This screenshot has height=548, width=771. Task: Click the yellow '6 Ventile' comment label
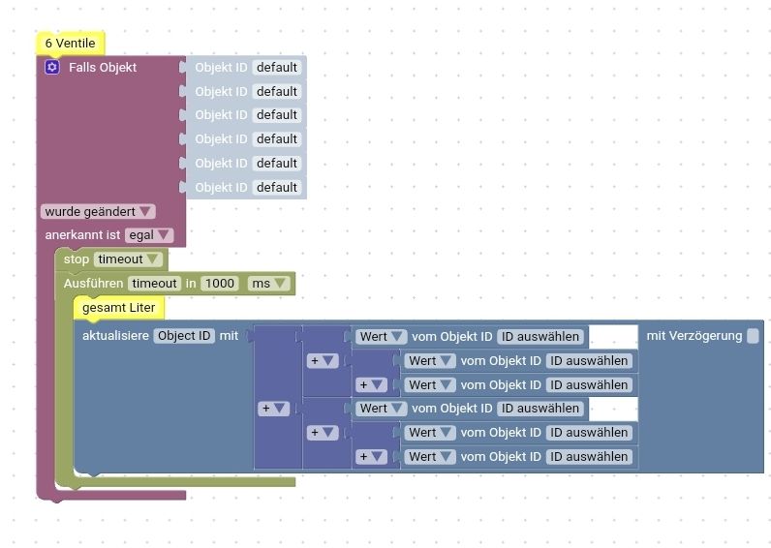pyautogui.click(x=70, y=43)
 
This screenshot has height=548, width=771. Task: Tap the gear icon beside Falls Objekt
pyautogui.click(x=52, y=67)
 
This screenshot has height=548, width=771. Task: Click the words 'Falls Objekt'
pyautogui.click(x=103, y=67)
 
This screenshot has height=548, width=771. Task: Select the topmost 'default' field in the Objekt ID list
pyautogui.click(x=277, y=67)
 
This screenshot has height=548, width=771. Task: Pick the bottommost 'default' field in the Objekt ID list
pyautogui.click(x=277, y=187)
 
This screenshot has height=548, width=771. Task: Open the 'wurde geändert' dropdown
pyautogui.click(x=98, y=211)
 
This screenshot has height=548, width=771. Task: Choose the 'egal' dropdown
pyautogui.click(x=149, y=235)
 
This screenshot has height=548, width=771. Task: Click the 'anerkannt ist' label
pyautogui.click(x=82, y=235)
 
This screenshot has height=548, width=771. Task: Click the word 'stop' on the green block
pyautogui.click(x=76, y=259)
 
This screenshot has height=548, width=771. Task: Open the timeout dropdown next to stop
pyautogui.click(x=127, y=259)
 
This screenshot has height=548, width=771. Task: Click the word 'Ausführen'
pyautogui.click(x=93, y=284)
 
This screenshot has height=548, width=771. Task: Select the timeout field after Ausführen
pyautogui.click(x=154, y=284)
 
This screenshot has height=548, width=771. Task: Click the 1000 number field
pyautogui.click(x=220, y=284)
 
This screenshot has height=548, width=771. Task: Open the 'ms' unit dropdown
pyautogui.click(x=268, y=284)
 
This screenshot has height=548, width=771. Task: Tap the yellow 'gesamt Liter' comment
pyautogui.click(x=118, y=308)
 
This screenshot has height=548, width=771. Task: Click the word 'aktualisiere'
pyautogui.click(x=115, y=336)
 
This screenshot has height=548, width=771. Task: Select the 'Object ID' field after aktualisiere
pyautogui.click(x=184, y=336)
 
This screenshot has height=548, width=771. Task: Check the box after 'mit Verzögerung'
pyautogui.click(x=753, y=336)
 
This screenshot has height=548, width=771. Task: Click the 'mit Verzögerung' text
pyautogui.click(x=694, y=336)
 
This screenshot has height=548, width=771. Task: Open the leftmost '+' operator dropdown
pyautogui.click(x=272, y=409)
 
